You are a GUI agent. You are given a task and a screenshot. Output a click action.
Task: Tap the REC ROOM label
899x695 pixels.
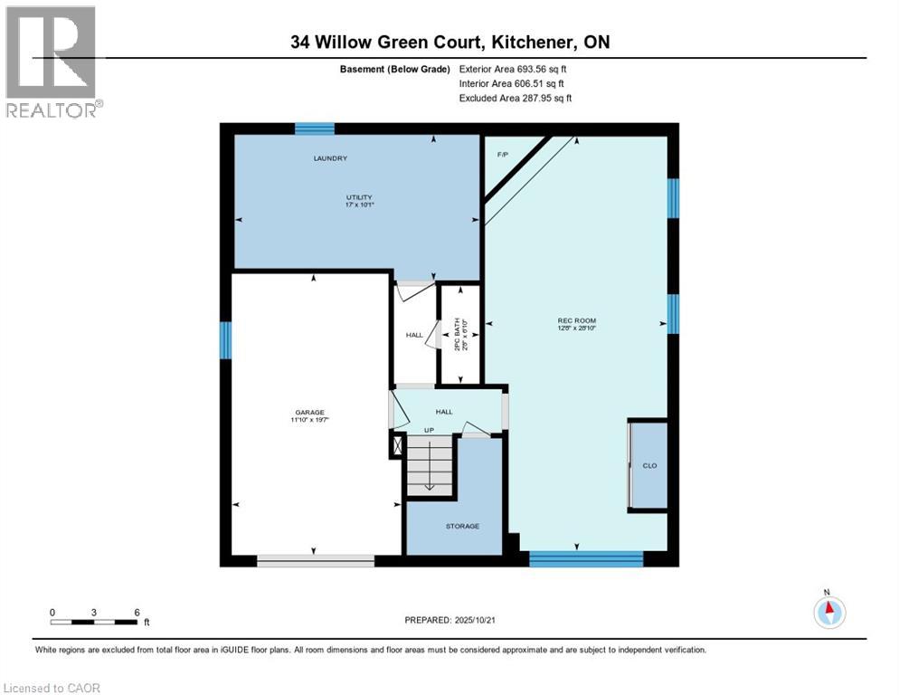(x=576, y=320)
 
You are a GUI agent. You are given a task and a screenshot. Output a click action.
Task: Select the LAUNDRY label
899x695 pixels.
(x=330, y=158)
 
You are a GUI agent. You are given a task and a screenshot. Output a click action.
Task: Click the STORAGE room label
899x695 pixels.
(x=461, y=526)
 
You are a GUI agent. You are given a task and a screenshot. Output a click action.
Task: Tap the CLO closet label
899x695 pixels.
(x=648, y=465)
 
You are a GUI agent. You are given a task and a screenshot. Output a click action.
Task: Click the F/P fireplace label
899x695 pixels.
(x=503, y=155)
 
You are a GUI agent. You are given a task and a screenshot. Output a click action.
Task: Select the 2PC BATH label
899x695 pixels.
(x=457, y=334)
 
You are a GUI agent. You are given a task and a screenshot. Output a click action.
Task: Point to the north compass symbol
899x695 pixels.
(x=828, y=612)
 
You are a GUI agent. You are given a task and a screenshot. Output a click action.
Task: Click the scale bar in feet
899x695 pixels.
(x=94, y=622)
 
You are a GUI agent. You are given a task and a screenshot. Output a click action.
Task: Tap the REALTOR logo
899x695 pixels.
(x=53, y=62)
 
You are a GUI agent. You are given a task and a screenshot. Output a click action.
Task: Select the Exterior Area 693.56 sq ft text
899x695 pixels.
(x=513, y=69)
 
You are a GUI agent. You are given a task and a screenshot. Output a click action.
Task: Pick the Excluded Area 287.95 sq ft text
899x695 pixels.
(x=515, y=98)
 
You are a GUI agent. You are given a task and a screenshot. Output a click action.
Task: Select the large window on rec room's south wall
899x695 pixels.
(x=585, y=559)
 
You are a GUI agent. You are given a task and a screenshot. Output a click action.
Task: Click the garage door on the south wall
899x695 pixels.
(x=315, y=561)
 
